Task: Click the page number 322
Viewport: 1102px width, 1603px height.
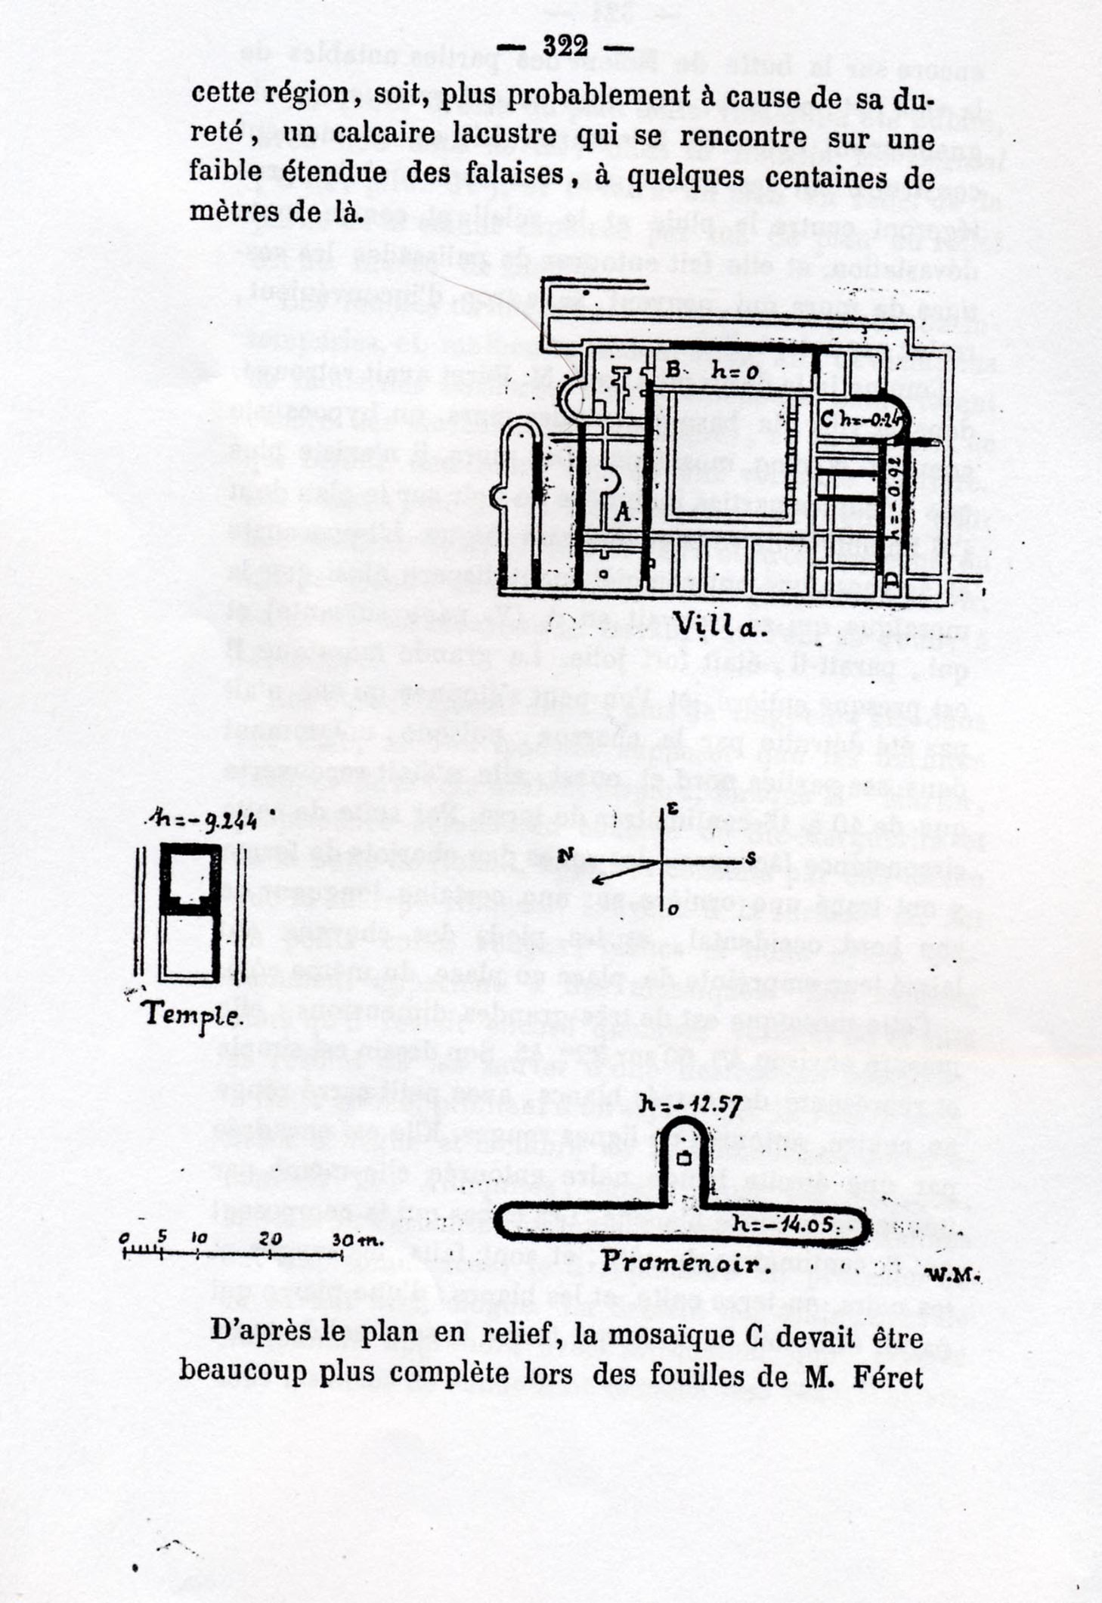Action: point(565,47)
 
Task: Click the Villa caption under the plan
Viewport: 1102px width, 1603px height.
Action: point(718,624)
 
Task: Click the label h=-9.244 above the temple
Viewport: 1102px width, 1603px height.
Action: point(201,820)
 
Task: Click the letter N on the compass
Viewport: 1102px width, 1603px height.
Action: point(565,856)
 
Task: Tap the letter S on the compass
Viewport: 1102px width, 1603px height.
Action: point(751,859)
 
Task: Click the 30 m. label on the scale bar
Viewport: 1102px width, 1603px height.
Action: point(357,1239)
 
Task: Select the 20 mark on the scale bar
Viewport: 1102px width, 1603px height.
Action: point(270,1239)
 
